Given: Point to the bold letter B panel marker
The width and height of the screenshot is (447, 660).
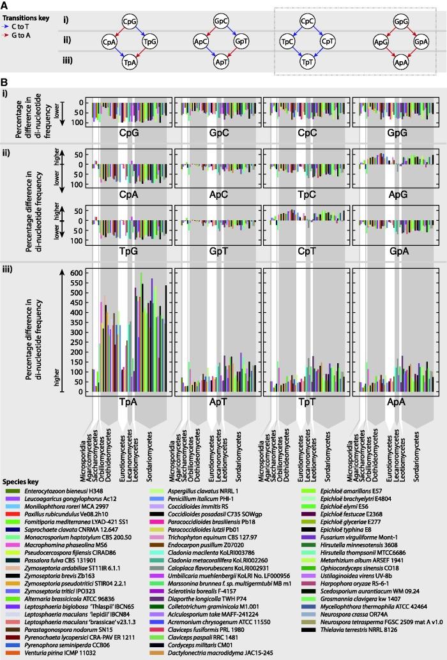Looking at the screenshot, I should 5,82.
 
